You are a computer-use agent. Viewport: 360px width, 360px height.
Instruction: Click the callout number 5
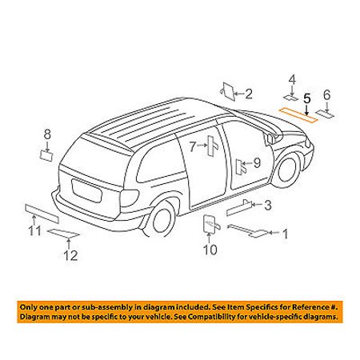pos(307,98)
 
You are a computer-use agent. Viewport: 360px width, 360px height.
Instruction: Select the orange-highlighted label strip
pos(298,115)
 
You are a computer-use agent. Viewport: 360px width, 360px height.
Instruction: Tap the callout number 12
pos(70,255)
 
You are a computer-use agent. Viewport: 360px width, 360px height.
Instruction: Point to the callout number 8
pos(47,134)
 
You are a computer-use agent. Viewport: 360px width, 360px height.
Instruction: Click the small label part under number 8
pos(46,155)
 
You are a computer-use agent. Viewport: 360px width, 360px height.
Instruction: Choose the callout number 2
pos(248,94)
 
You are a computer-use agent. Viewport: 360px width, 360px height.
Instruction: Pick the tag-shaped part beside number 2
pos(228,91)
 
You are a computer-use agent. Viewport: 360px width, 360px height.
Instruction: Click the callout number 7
pos(193,146)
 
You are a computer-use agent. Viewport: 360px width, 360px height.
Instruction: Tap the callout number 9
pos(257,162)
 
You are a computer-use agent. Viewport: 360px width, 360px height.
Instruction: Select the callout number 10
pos(210,250)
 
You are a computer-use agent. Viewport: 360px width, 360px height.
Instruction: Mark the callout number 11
pos(35,231)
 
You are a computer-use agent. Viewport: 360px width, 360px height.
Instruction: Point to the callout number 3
pos(268,205)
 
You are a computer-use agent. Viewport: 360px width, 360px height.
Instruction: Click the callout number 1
pos(285,234)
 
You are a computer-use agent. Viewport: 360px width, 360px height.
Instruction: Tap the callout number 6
pos(327,95)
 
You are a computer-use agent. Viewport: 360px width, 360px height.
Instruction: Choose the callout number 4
pos(292,79)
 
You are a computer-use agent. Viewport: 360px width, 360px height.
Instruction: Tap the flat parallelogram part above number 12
pos(63,234)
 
